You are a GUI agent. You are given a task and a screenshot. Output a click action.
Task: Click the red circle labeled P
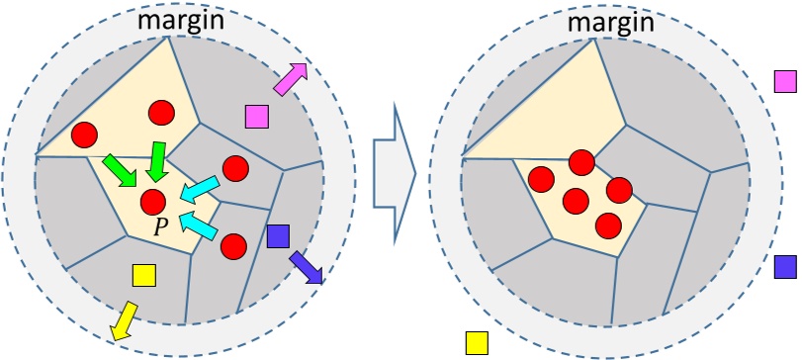[154, 203]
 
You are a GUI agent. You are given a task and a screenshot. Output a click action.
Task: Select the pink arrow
[290, 80]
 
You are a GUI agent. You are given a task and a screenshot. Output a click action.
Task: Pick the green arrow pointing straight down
[155, 160]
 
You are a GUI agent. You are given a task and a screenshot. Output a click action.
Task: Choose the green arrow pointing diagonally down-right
[122, 169]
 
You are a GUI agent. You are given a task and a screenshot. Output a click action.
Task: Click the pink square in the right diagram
[785, 81]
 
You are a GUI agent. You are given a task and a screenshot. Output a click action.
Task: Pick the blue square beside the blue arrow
[278, 236]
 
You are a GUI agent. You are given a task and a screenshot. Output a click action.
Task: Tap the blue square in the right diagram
[785, 266]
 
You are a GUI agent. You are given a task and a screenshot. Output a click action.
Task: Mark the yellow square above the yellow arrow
[143, 276]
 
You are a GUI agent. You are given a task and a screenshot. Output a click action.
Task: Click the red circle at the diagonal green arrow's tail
[85, 133]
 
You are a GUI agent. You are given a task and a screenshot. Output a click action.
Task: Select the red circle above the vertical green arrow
[161, 114]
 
